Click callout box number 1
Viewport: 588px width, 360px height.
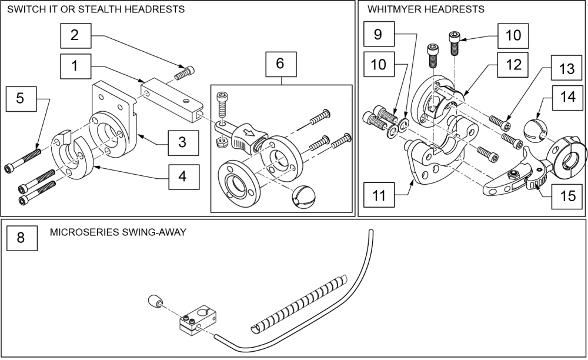(75, 66)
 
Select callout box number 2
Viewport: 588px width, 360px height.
(75, 34)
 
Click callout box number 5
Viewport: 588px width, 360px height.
(20, 99)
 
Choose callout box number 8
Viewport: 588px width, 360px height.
(21, 238)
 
